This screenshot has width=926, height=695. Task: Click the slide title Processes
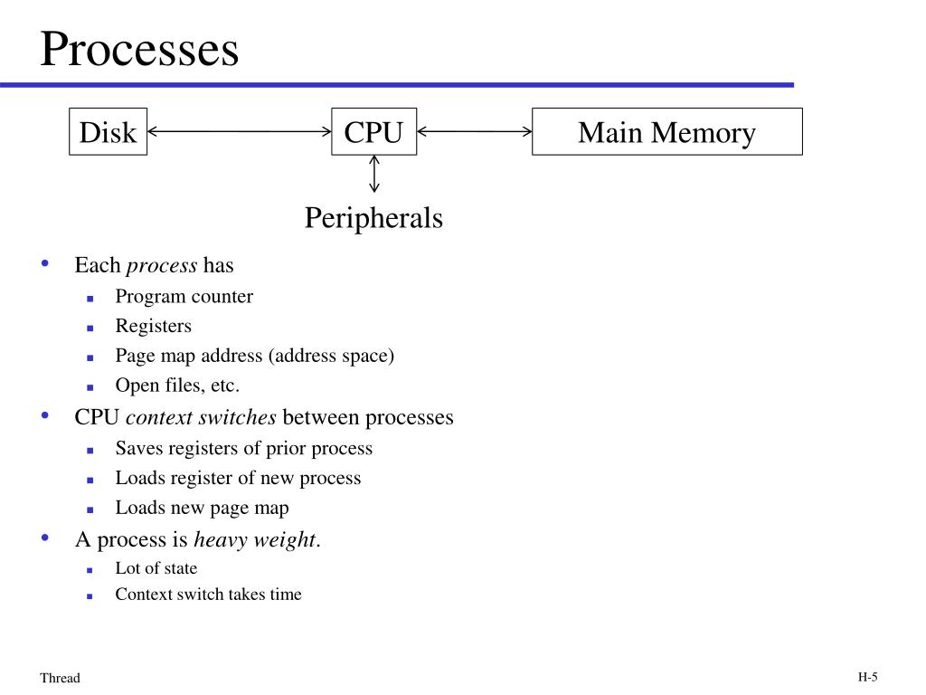pos(139,49)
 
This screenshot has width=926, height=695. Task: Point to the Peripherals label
pos(373,218)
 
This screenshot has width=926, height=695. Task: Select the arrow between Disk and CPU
pos(239,131)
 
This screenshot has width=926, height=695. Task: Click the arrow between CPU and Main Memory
pos(474,131)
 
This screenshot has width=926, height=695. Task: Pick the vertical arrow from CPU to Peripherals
pos(373,174)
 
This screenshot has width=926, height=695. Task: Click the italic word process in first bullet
pos(162,266)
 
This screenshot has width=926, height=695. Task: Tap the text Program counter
pos(184,296)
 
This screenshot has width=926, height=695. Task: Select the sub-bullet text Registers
pos(154,326)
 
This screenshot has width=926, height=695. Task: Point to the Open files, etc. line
pos(177,386)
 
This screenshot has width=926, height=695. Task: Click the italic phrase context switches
pos(201,417)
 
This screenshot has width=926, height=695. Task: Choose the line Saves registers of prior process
pos(244,449)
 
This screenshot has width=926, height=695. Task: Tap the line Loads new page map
pos(202,509)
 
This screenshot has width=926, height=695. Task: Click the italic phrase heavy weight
pos(255,540)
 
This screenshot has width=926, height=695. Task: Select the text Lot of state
pos(156,568)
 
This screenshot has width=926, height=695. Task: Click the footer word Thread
pos(60,678)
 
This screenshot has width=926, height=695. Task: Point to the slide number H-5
pos(867,677)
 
